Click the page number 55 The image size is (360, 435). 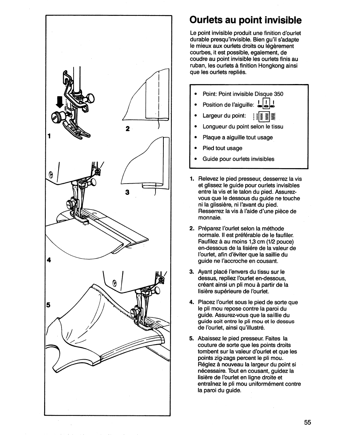point(307,423)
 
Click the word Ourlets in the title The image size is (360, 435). point(208,20)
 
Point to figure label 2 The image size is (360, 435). point(127,129)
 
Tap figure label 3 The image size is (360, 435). point(127,192)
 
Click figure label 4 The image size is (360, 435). point(49,260)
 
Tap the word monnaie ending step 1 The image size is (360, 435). point(210,218)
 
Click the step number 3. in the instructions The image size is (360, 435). point(192,271)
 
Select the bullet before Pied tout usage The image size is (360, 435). point(196,148)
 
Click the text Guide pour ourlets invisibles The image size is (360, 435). point(238,159)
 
